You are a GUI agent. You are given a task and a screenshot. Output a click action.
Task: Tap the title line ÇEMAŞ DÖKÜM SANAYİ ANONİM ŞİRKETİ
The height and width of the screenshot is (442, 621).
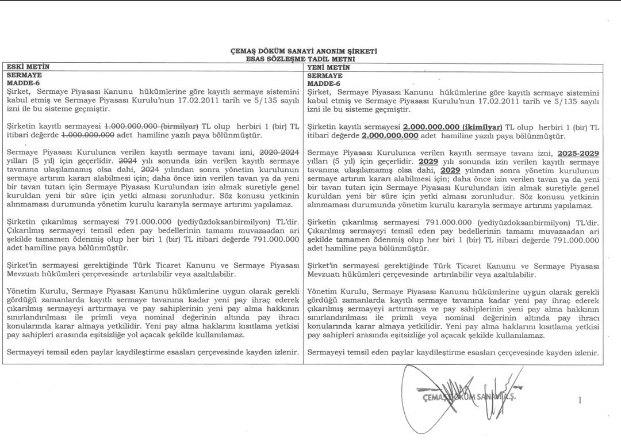pos(304,51)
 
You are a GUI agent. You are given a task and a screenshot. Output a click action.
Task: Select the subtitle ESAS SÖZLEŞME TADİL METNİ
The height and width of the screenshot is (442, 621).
pos(304,59)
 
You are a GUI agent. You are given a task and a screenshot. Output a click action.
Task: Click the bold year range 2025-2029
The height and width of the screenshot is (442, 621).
pos(578,153)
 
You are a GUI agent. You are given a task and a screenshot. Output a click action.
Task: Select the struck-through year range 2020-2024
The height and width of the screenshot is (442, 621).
pos(279,153)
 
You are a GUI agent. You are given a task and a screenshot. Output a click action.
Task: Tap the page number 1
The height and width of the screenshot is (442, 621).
pos(580,401)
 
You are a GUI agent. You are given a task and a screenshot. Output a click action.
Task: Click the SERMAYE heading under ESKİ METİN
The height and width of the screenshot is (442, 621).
pos(24,75)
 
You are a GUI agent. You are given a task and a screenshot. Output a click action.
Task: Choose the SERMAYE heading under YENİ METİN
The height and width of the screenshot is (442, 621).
pos(325,75)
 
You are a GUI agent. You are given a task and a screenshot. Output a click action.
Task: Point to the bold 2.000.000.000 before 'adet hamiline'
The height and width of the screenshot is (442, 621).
pos(390,136)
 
